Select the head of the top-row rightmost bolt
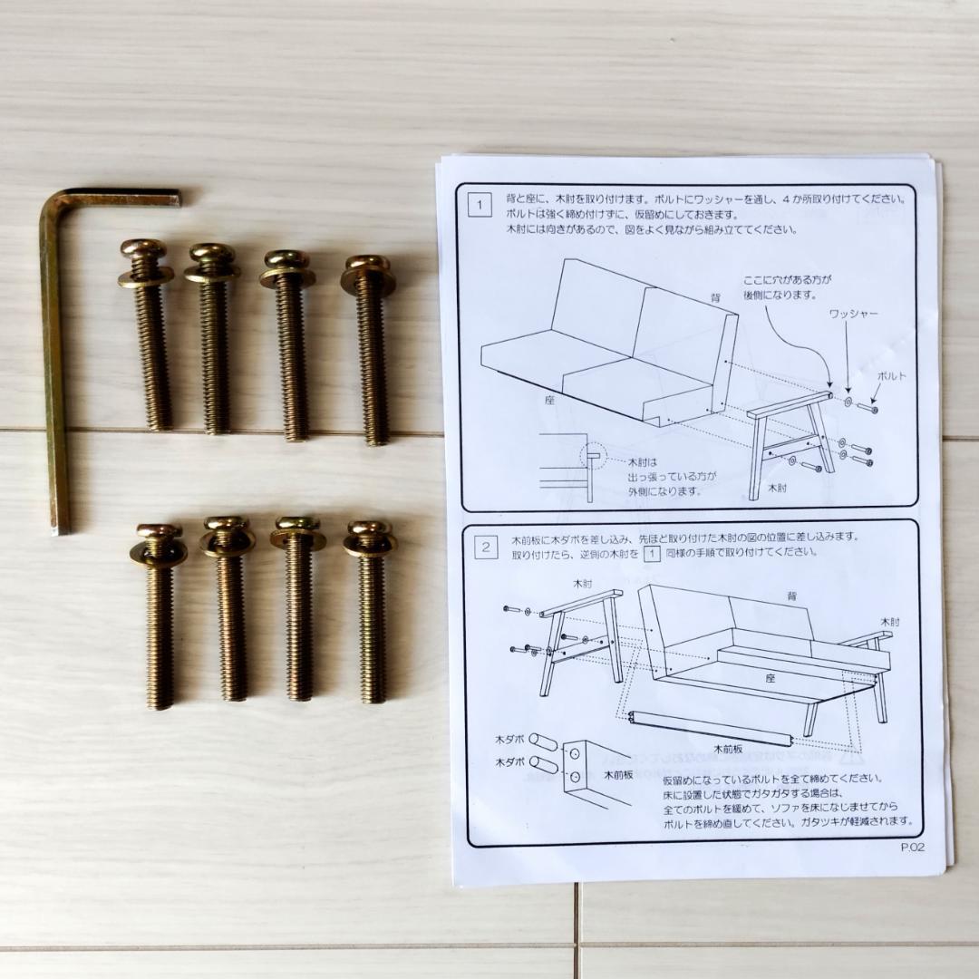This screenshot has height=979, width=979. coord(368,264)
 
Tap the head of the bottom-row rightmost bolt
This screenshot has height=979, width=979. coord(369,529)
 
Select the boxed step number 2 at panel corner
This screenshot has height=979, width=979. coord(487,546)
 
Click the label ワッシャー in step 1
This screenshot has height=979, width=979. coord(853,313)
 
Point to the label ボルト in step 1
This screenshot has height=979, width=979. coord(891,375)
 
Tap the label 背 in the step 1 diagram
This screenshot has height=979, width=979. coord(715,297)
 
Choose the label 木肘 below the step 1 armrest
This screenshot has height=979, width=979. coord(777,487)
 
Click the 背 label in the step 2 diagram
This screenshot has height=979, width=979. coord(791,596)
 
